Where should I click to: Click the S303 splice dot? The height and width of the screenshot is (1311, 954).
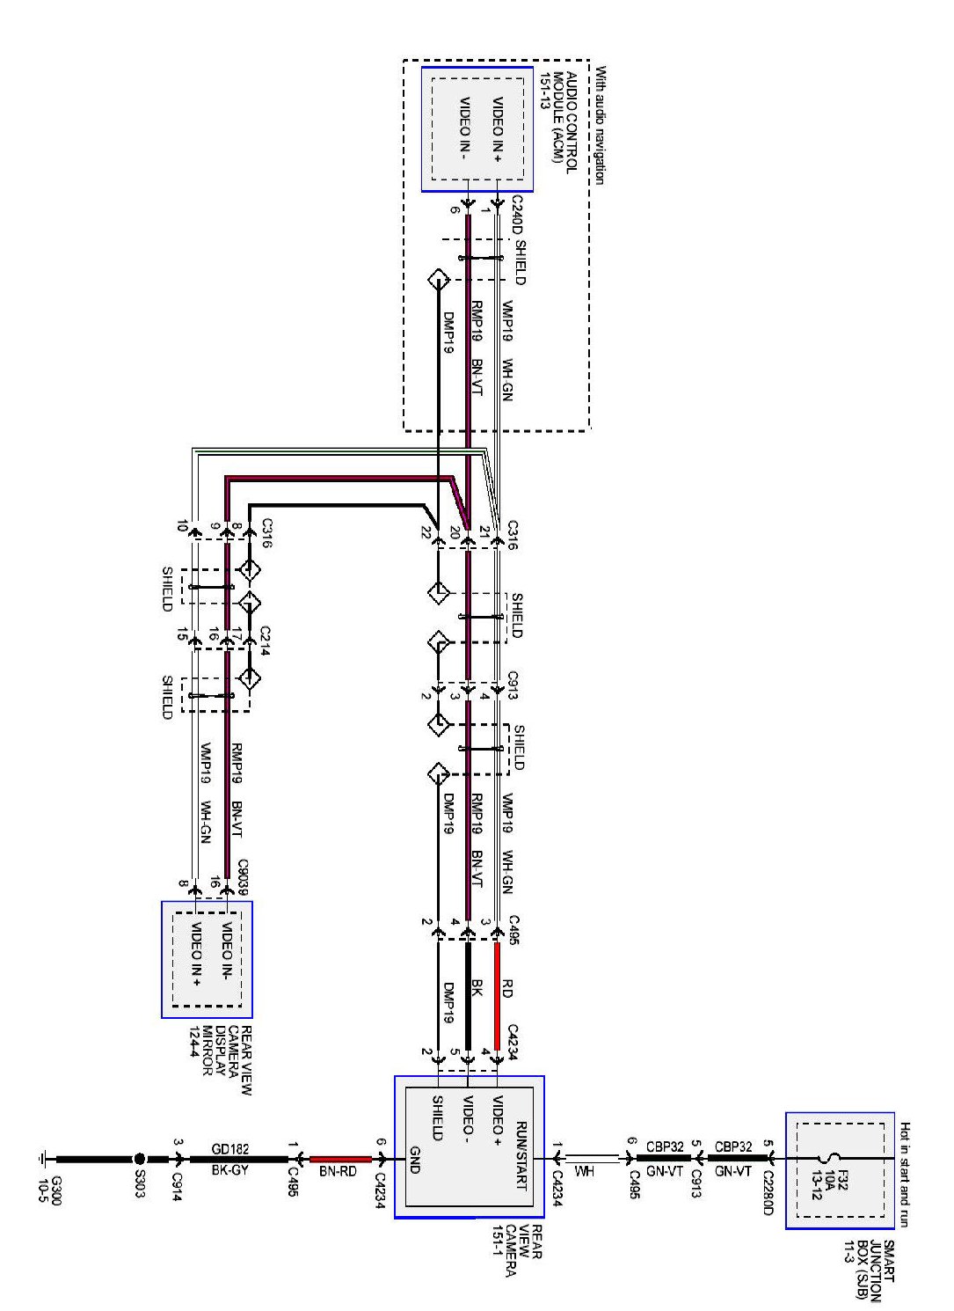click(x=139, y=1158)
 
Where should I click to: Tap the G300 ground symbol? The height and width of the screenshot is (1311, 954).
click(x=43, y=1158)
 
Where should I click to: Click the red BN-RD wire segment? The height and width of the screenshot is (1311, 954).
click(x=340, y=1159)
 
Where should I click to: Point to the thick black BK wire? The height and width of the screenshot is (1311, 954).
click(x=468, y=995)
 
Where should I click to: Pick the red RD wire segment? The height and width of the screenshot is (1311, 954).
click(x=497, y=995)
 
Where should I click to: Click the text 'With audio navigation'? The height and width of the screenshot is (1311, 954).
click(x=600, y=125)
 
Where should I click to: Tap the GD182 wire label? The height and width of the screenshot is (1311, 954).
click(x=229, y=1149)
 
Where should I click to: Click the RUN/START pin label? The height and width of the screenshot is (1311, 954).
click(x=521, y=1156)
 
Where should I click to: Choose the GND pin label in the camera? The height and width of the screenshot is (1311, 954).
click(x=414, y=1160)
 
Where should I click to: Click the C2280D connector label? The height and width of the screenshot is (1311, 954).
click(x=768, y=1186)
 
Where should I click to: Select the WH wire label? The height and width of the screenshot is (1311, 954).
click(x=584, y=1171)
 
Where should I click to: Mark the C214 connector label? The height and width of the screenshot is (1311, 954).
click(x=265, y=641)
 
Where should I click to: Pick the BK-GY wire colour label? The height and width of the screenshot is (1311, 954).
click(x=229, y=1170)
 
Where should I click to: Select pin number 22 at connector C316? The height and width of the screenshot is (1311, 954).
click(x=425, y=531)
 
